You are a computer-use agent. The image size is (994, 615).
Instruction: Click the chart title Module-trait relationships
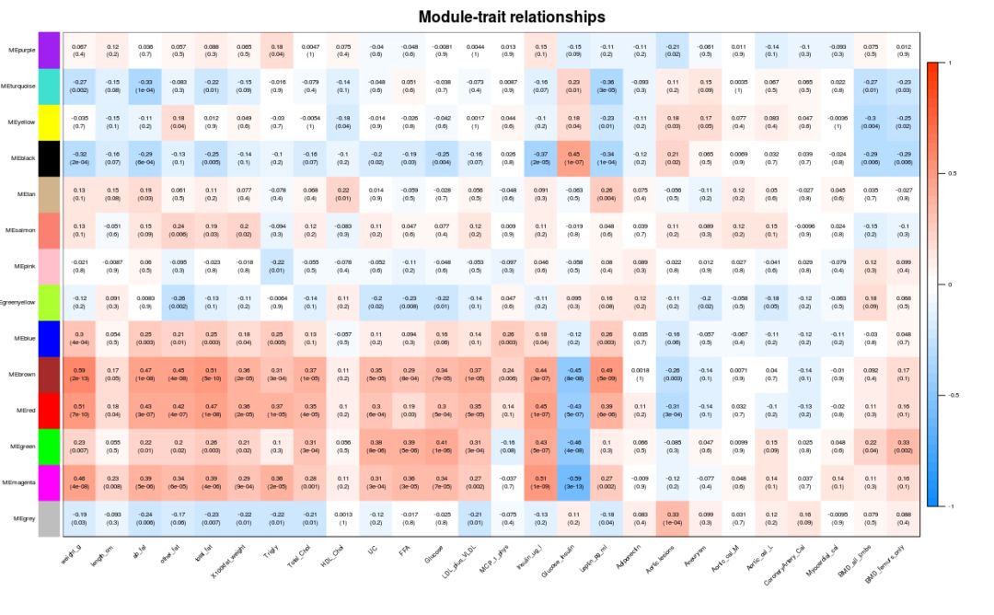pyautogui.click(x=512, y=17)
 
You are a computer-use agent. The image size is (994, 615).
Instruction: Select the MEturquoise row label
pyautogui.click(x=19, y=86)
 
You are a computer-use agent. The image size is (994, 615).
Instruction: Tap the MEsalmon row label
pyautogui.click(x=21, y=229)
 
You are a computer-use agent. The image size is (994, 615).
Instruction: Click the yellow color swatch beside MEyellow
pyautogui.click(x=49, y=122)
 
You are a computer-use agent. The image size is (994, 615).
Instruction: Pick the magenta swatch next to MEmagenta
pyautogui.click(x=49, y=482)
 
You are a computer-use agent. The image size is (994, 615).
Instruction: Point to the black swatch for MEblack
pyautogui.click(x=49, y=157)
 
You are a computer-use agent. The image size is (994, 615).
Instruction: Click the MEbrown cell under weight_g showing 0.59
pyautogui.click(x=79, y=374)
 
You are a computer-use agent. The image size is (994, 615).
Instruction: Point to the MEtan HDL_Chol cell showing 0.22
pyautogui.click(x=342, y=193)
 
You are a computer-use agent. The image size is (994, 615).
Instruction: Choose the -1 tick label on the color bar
pyautogui.click(x=951, y=505)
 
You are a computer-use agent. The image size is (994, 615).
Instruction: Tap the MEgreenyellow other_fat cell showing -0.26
pyautogui.click(x=179, y=302)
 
